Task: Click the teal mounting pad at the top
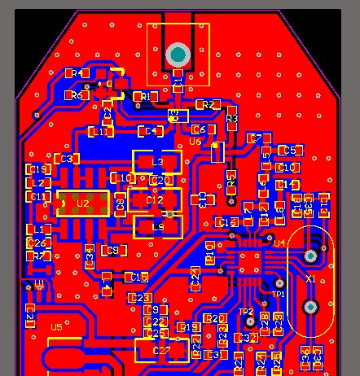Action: tap(178, 55)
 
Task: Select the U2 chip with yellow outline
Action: tap(82, 203)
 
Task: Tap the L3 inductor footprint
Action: tap(158, 161)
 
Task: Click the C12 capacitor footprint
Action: tap(156, 199)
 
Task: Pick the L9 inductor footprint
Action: tap(157, 227)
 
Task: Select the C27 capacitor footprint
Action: tap(160, 351)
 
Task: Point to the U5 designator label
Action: tap(55, 327)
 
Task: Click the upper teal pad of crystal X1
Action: tap(310, 256)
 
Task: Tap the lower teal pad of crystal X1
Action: tap(310, 307)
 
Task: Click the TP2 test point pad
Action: tap(252, 322)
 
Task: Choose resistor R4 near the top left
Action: tap(78, 73)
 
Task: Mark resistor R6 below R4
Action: tap(77, 95)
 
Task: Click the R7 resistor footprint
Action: tap(37, 256)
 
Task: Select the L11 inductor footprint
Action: tap(100, 132)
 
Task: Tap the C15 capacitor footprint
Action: tap(138, 278)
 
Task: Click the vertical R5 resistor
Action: tap(231, 181)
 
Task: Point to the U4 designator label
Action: tap(279, 243)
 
